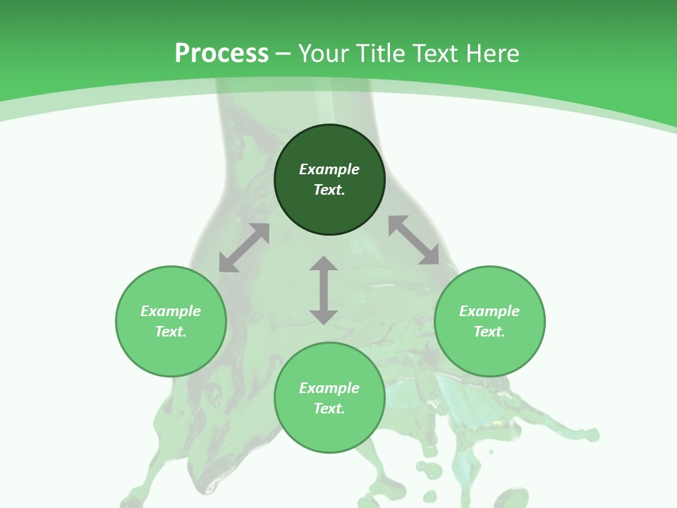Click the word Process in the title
coord(221,54)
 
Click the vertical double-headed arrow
coord(324,290)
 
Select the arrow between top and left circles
coord(244,248)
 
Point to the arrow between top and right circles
coord(413,240)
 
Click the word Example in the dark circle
coord(329,169)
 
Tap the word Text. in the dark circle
coord(329,190)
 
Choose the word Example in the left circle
coord(171,311)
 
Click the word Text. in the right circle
coord(489,332)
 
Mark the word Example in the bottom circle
coord(329,388)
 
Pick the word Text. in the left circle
coord(171,332)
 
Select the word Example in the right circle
coord(489,311)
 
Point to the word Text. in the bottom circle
coord(329,409)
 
